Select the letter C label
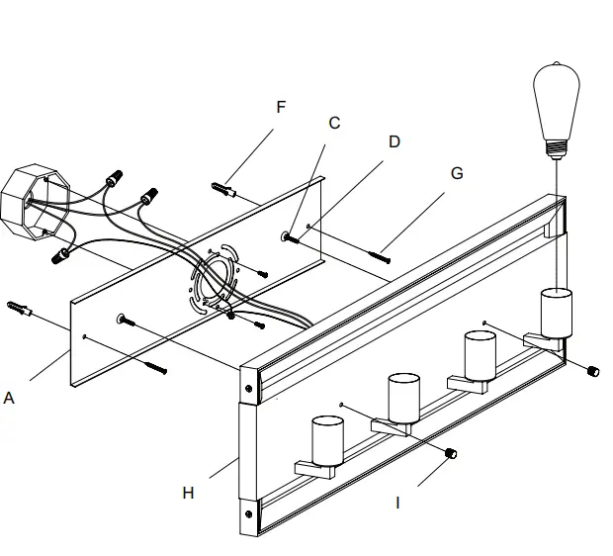tap(334, 124)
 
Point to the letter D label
tap(394, 141)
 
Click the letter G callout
tap(456, 173)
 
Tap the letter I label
tap(398, 503)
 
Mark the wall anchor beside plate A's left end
tap(19, 309)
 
